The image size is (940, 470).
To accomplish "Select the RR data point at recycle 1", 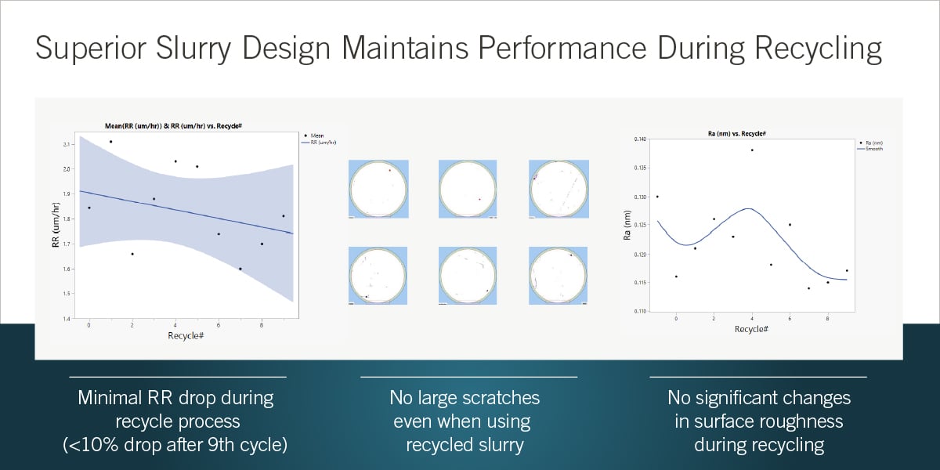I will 110,142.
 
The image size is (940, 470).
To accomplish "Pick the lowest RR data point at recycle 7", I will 240,269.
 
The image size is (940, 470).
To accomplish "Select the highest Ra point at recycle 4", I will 752,150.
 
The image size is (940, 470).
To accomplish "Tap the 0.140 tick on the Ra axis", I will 642,139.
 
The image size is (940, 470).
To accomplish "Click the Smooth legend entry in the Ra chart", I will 872,149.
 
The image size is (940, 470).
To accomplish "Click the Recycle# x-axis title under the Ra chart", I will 750,329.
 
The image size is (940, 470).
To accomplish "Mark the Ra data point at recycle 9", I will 847,270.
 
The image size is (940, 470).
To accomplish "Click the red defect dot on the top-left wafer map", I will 390,169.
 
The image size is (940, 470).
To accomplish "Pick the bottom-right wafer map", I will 559,275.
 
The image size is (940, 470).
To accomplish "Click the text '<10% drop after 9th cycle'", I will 175,445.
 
